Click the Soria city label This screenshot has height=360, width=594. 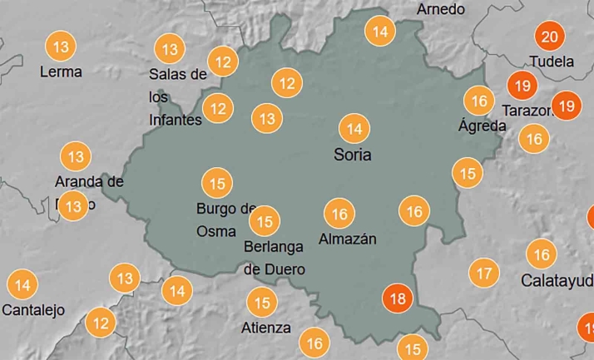pyautogui.click(x=352, y=155)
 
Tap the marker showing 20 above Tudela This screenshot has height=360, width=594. pyautogui.click(x=549, y=37)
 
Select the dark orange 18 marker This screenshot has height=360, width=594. pyautogui.click(x=398, y=298)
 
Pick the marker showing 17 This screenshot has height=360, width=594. pyautogui.click(x=483, y=272)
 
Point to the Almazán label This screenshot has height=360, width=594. pyautogui.click(x=348, y=239)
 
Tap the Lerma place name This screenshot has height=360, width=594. pyautogui.click(x=61, y=72)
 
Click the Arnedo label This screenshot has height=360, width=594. pyautogui.click(x=441, y=9)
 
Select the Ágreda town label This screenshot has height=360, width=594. pyautogui.click(x=482, y=126)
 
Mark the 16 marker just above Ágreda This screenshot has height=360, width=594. pyautogui.click(x=478, y=101)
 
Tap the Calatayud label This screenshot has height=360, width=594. pyautogui.click(x=557, y=280)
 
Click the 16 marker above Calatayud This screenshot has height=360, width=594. pyautogui.click(x=542, y=254)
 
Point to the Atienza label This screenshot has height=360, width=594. pyautogui.click(x=266, y=328)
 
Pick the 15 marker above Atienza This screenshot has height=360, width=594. pyautogui.click(x=262, y=303)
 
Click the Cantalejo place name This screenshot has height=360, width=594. pyautogui.click(x=33, y=311)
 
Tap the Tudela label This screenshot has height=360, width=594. pyautogui.click(x=552, y=62)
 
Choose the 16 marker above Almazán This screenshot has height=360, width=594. pyautogui.click(x=339, y=214)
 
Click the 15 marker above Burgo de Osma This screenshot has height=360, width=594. pyautogui.click(x=217, y=183)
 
